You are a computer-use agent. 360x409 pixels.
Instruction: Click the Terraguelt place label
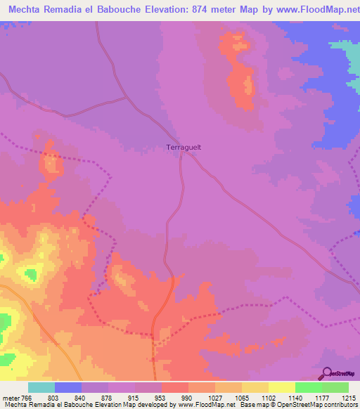click(x=184, y=148)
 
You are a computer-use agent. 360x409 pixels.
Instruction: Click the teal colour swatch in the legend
click(x=41, y=387)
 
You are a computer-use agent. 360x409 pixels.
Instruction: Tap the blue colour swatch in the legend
click(x=68, y=387)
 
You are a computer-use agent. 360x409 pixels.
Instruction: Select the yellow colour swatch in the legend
click(x=281, y=387)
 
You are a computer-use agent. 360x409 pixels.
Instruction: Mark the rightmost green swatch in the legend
click(x=335, y=387)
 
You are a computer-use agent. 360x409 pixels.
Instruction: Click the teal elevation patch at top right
click(x=347, y=53)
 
